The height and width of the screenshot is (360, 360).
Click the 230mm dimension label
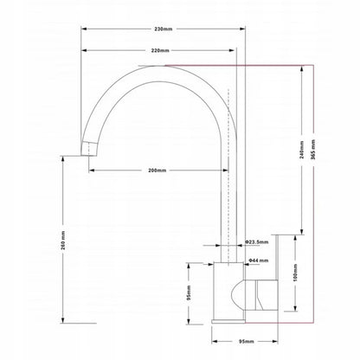(164, 29)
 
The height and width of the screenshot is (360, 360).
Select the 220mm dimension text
(160, 50)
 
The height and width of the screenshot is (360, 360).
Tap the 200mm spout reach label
(157, 170)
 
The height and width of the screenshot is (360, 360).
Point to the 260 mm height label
(63, 240)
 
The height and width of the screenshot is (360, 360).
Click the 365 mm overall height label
(313, 149)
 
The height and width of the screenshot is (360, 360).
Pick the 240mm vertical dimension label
(302, 150)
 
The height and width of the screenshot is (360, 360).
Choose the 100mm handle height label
(295, 273)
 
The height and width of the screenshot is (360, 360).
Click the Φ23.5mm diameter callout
(257, 242)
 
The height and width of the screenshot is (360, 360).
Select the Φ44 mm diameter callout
(259, 260)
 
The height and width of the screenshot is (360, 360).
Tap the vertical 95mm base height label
(189, 292)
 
